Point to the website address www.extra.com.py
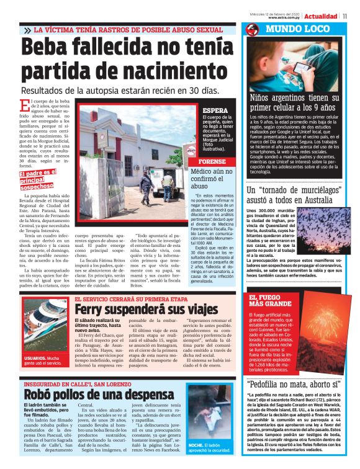[x=285, y=19]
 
